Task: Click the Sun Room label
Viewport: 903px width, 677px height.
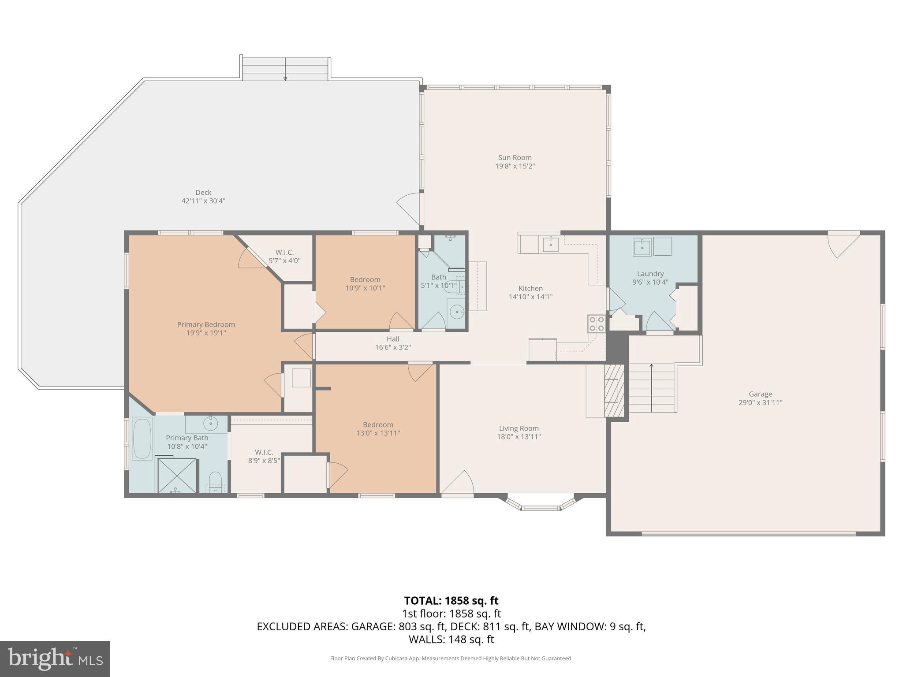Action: pos(515,158)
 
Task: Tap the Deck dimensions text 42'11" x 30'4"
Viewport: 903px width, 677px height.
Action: pos(203,201)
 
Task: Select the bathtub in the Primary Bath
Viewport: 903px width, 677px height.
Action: pos(142,439)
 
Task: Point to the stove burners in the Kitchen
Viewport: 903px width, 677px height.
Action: pos(597,324)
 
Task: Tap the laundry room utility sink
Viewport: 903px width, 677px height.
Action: pos(642,247)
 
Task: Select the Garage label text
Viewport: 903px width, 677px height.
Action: pos(760,394)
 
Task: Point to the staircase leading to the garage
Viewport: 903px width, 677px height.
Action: pos(651,388)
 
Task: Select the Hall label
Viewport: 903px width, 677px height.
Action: pos(393,339)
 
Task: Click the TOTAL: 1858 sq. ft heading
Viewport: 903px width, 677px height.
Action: pos(451,601)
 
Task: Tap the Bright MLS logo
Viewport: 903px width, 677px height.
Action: pos(55,658)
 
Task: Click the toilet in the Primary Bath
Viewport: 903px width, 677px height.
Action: pos(215,480)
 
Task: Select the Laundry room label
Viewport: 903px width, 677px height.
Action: pos(650,274)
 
